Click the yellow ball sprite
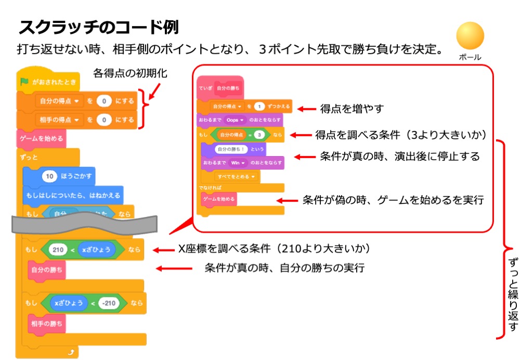pyautogui.click(x=470, y=36)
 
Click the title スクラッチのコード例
pyautogui.click(x=99, y=27)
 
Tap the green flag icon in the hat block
pyautogui.click(x=23, y=82)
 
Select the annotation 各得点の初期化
pyautogui.click(x=130, y=73)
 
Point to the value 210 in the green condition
pyautogui.click(x=58, y=250)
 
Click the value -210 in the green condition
pyautogui.click(x=109, y=303)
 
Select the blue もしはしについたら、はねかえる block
pyautogui.click(x=72, y=195)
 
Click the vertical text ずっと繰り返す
pyautogui.click(x=512, y=291)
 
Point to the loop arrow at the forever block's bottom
pyautogui.click(x=71, y=352)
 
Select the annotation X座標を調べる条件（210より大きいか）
pyautogui.click(x=274, y=250)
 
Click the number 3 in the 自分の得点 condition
pyautogui.click(x=258, y=134)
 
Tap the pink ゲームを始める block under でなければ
pyautogui.click(x=218, y=199)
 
